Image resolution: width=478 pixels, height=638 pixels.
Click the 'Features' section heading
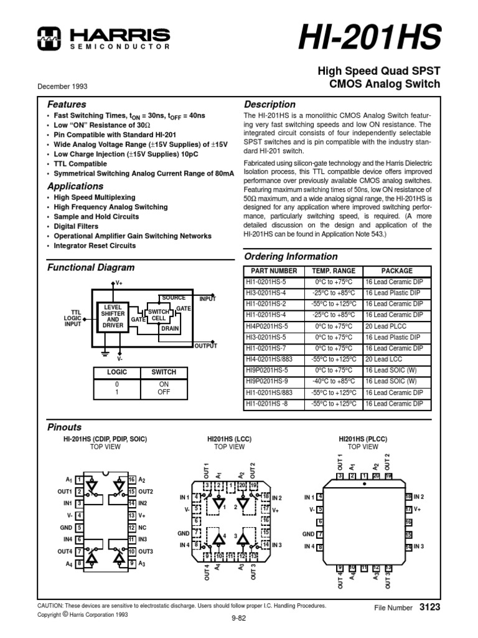tap(67, 104)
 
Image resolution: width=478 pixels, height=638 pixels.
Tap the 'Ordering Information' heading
tap(291, 256)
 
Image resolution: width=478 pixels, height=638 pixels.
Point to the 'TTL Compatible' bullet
tap(79, 163)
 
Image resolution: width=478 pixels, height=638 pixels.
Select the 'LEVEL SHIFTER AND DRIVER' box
tap(113, 317)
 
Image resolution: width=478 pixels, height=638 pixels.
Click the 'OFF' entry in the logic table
tap(164, 393)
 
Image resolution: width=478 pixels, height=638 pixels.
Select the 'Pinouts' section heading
tap(65, 427)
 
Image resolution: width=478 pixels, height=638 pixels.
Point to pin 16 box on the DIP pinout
tap(132, 479)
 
